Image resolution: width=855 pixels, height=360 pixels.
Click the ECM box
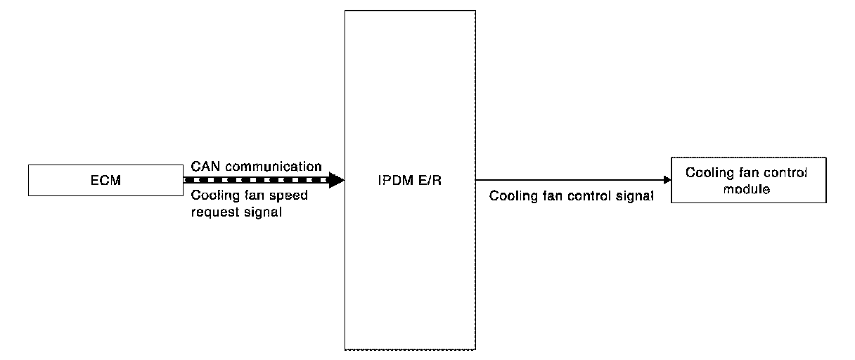coord(105,180)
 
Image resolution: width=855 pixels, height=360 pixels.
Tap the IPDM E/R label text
coord(409,180)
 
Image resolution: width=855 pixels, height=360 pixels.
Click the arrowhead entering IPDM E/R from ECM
coord(337,180)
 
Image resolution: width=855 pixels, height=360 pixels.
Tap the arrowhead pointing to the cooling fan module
coord(667,180)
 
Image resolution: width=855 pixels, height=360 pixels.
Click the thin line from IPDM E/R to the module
coord(570,180)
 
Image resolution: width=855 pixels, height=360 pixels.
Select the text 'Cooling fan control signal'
coord(572,196)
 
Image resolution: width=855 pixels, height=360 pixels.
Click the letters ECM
coord(105,181)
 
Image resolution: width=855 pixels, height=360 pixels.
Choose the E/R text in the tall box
coord(431,180)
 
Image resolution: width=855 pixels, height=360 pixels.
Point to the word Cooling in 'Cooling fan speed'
coord(214,195)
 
